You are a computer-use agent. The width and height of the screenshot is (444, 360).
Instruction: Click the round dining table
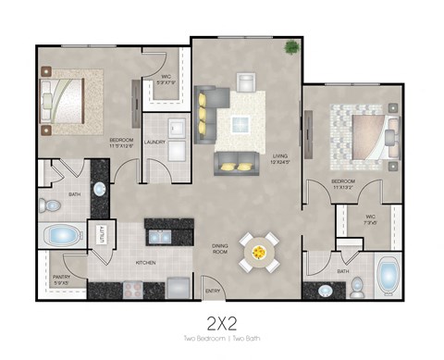(259, 249)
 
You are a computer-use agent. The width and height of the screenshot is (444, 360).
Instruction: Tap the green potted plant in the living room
(291, 46)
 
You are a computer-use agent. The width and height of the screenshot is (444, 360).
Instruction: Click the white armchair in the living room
(247, 81)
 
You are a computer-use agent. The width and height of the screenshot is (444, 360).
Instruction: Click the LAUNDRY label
(154, 143)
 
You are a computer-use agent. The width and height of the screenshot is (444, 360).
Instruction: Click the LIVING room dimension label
(281, 159)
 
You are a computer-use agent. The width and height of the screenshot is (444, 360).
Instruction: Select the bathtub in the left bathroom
(62, 235)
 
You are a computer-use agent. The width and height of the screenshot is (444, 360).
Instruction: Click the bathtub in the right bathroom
(388, 276)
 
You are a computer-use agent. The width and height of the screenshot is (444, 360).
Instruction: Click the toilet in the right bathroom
(356, 288)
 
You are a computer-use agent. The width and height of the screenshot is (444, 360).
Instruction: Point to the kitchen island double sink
(159, 236)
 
